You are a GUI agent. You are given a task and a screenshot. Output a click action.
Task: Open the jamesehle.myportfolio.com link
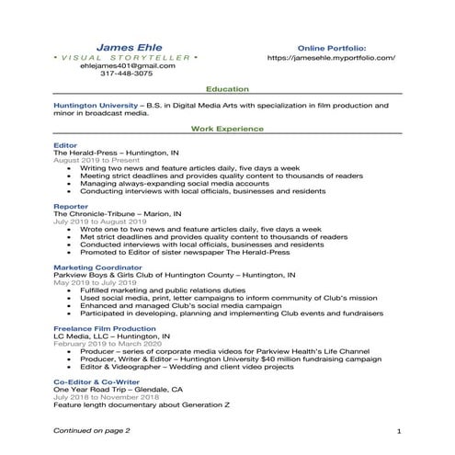(331, 57)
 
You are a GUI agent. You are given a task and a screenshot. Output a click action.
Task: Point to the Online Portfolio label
(332, 46)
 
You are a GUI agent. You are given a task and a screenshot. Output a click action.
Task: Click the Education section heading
(227, 89)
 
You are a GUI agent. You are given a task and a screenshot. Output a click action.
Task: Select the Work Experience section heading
(227, 130)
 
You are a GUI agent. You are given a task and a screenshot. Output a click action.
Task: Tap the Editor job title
(65, 145)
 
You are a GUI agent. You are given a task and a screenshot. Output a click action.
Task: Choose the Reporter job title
(71, 207)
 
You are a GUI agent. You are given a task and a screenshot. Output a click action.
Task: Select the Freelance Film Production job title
(105, 328)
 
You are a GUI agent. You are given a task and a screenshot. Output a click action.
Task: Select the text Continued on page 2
(91, 429)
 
